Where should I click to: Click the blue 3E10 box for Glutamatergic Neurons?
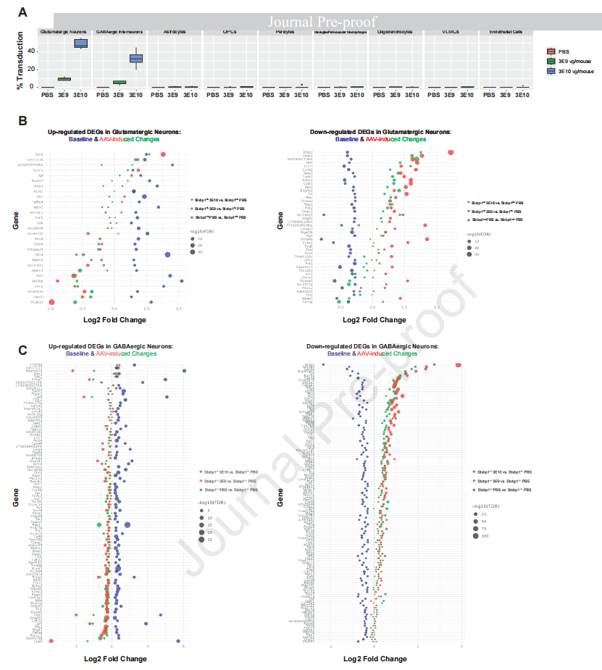(x=80, y=43)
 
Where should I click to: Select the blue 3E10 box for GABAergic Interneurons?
(x=135, y=59)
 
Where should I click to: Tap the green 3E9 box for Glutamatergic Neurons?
(x=64, y=79)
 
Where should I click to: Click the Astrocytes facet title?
(x=174, y=33)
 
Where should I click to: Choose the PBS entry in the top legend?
(x=565, y=51)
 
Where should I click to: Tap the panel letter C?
(x=22, y=351)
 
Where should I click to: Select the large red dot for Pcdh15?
(x=51, y=302)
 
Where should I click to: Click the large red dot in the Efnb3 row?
(x=451, y=152)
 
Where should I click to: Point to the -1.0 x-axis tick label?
(x=51, y=309)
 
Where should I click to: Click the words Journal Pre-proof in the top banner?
(x=323, y=21)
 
